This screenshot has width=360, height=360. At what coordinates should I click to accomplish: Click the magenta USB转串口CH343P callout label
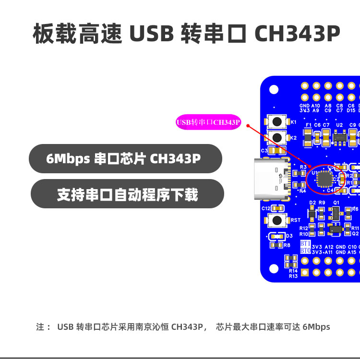coord(208,122)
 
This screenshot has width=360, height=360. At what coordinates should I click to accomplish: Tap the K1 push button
coord(276,122)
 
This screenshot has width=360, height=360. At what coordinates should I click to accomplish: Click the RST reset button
coord(276,220)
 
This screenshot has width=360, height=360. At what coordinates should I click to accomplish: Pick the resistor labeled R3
coord(303,173)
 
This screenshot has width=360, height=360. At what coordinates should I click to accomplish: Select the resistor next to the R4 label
coord(303,186)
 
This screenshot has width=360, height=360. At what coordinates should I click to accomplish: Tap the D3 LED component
coord(276,236)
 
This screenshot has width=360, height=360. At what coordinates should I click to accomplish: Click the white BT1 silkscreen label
coord(306,243)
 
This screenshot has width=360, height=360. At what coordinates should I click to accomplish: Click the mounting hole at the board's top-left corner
coord(274,89)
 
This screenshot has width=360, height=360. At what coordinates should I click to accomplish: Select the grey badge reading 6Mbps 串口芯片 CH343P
coord(125,158)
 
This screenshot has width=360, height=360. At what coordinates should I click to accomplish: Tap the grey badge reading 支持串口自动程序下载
coord(127,194)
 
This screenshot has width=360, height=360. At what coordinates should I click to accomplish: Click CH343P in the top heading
coord(297,34)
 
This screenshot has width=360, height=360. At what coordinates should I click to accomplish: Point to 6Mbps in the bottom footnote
coord(316,327)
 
